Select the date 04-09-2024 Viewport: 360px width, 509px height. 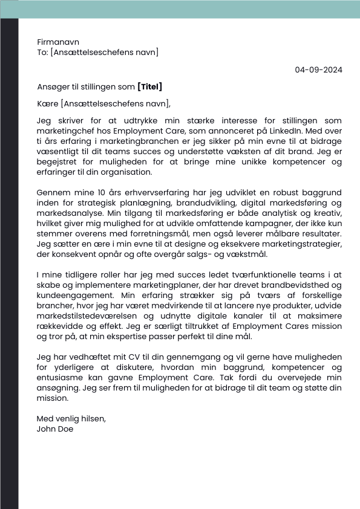[318, 70]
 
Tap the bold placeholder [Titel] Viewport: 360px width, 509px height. [150, 86]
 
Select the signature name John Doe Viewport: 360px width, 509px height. [55, 429]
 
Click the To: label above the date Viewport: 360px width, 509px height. [42, 53]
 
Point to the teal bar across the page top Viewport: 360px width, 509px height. [180, 8]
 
